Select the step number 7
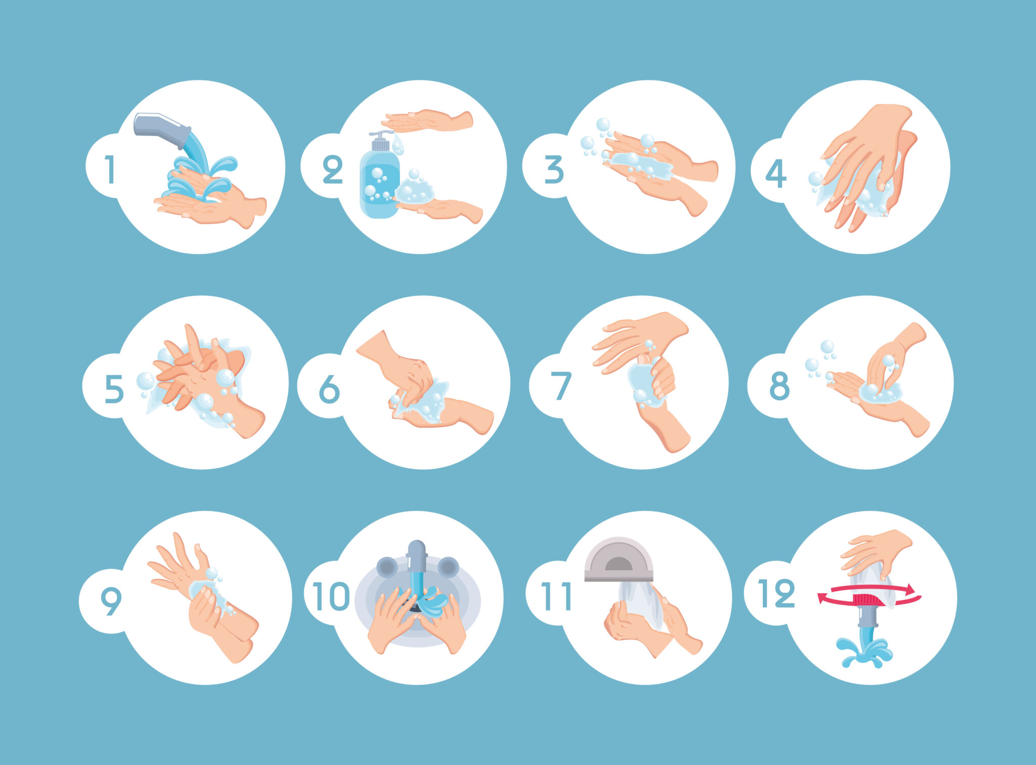[x=560, y=386]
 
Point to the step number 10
[x=331, y=596]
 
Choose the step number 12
[x=776, y=593]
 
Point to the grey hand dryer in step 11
[x=619, y=559]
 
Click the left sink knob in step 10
[x=386, y=567]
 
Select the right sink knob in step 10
[x=448, y=567]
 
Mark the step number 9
[x=111, y=601]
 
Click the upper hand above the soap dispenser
[x=427, y=120]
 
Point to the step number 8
[x=780, y=386]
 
